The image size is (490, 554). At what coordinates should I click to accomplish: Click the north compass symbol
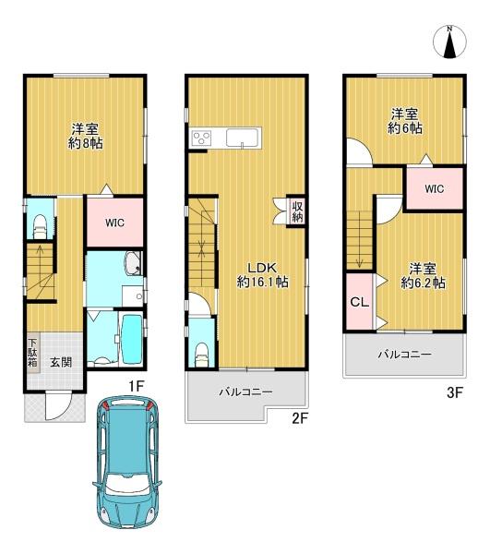coord(449,42)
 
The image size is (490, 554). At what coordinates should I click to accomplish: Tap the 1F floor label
coord(136,386)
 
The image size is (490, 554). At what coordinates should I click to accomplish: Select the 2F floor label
coord(300,418)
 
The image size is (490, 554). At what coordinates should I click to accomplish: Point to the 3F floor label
coord(454,392)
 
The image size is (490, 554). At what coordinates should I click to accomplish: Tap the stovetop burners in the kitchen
coord(201,137)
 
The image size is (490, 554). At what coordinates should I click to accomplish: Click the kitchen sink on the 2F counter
coord(243,138)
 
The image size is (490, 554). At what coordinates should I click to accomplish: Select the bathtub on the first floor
coord(131,339)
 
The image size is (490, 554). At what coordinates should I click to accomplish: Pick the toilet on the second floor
coord(202,355)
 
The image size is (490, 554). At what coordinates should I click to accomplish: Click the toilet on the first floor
coord(40,226)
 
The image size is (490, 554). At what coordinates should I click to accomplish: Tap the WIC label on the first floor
coord(114,223)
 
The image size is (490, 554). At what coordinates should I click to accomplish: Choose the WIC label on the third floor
coord(435,188)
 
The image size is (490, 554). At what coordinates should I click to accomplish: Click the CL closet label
coord(360,302)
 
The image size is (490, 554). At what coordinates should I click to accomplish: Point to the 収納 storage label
coord(297,211)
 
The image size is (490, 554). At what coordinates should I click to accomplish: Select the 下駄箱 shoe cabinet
coord(33,354)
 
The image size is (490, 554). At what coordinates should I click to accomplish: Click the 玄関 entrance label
coord(61,362)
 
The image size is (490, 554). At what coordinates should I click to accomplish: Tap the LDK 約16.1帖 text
coord(262,274)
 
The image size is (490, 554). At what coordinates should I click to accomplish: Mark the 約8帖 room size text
coord(86,143)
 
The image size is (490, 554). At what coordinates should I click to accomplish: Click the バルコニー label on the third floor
coord(404,355)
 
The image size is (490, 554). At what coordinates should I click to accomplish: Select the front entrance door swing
coord(59,406)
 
